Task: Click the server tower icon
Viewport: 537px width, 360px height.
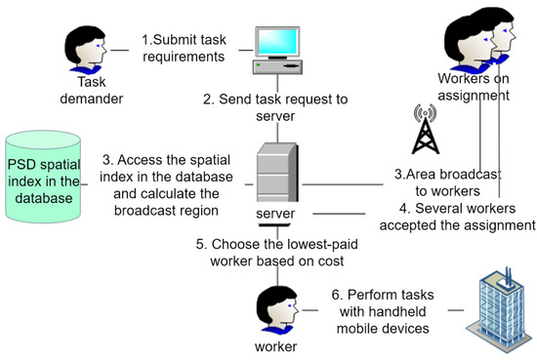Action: pyautogui.click(x=276, y=172)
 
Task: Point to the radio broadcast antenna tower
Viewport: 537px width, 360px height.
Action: pyautogui.click(x=425, y=132)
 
